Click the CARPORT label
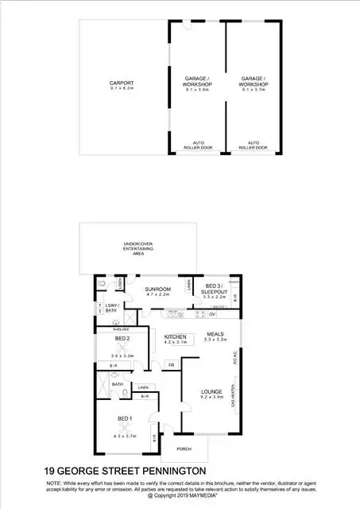122,84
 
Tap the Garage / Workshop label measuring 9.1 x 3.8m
197,81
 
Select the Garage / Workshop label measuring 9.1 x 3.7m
254,81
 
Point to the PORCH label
184,449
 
